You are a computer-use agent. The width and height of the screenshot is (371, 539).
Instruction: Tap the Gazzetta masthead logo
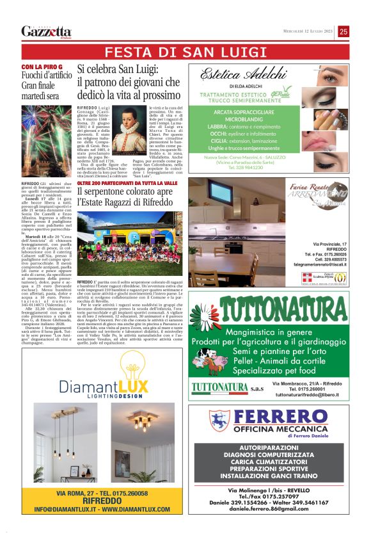pos(46,31)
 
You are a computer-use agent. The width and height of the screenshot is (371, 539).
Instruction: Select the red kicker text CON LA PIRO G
pos(42,67)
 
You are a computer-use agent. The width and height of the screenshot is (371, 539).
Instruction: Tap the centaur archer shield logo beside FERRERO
pos(219,421)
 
